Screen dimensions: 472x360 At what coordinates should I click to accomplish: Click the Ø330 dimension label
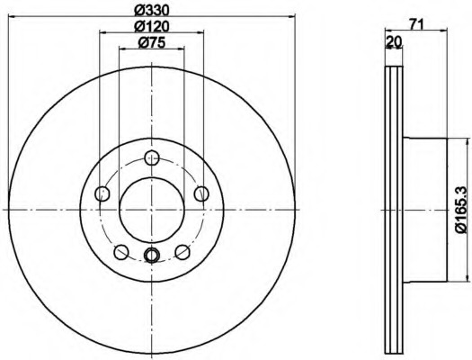click(152, 11)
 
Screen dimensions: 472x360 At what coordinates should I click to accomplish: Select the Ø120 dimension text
click(152, 27)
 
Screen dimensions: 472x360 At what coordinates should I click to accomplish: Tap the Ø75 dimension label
click(152, 43)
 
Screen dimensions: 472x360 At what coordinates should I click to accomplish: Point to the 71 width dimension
click(416, 24)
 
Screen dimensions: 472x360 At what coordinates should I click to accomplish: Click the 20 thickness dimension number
click(394, 41)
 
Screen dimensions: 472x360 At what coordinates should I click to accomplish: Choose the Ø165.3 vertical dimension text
click(461, 210)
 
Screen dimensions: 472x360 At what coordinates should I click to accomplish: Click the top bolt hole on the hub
click(152, 157)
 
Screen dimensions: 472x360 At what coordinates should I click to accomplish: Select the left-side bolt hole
click(102, 193)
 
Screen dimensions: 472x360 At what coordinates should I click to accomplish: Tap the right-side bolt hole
click(201, 193)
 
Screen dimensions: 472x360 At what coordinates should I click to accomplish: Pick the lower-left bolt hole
click(121, 252)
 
